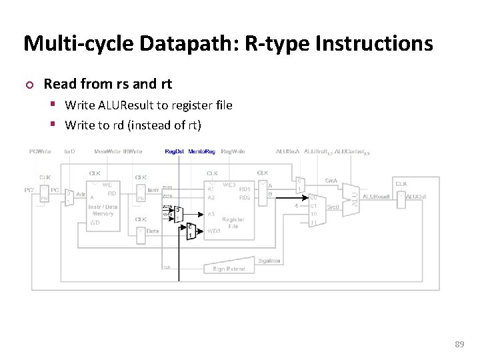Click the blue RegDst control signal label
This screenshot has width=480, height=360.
175,151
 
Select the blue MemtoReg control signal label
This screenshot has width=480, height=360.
201,151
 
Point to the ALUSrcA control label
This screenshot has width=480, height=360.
287,151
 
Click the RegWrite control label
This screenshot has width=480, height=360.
233,151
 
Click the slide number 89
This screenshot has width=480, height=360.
459,344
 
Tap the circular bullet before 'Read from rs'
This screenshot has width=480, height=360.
27,85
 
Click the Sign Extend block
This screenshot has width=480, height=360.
229,269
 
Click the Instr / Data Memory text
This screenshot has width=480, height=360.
103,210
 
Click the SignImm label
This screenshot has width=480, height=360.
268,261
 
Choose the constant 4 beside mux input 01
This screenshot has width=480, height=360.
296,206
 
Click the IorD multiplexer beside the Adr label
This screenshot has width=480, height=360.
69,197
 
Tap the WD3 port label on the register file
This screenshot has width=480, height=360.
213,231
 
